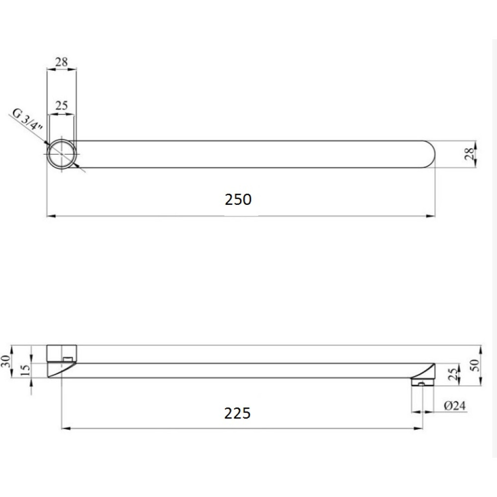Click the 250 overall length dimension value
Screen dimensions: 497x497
(238, 199)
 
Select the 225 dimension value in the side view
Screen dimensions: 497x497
(237, 413)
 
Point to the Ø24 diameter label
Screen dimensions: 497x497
(454, 406)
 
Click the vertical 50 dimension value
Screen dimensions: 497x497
(475, 365)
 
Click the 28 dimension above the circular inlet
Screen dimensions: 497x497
(62, 62)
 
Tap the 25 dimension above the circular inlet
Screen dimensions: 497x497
(62, 105)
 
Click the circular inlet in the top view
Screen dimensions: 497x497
(61, 155)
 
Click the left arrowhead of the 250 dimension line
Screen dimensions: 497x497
(50, 216)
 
